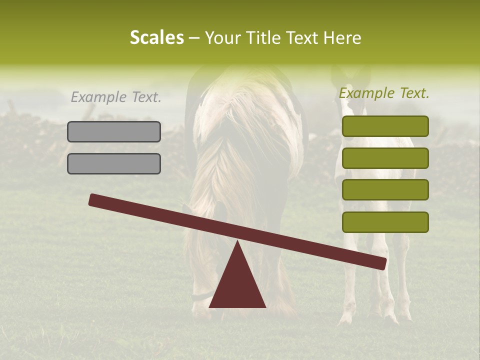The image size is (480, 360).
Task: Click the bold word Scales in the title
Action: click(156, 37)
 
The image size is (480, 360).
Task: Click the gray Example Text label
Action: click(116, 97)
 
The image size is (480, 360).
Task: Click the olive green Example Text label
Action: click(384, 93)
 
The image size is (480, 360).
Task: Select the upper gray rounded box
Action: click(114, 131)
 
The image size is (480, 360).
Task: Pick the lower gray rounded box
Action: click(114, 163)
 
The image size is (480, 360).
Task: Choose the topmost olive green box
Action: click(385, 126)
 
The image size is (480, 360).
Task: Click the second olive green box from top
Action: click(385, 158)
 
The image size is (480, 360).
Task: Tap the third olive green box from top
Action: click(385, 190)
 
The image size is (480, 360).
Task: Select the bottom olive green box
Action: click(385, 222)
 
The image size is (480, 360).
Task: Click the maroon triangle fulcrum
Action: click(237, 283)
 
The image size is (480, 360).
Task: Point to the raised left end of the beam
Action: click(93, 199)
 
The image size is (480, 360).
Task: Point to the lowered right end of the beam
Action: click(382, 263)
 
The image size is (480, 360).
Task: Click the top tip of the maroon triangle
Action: click(237, 242)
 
